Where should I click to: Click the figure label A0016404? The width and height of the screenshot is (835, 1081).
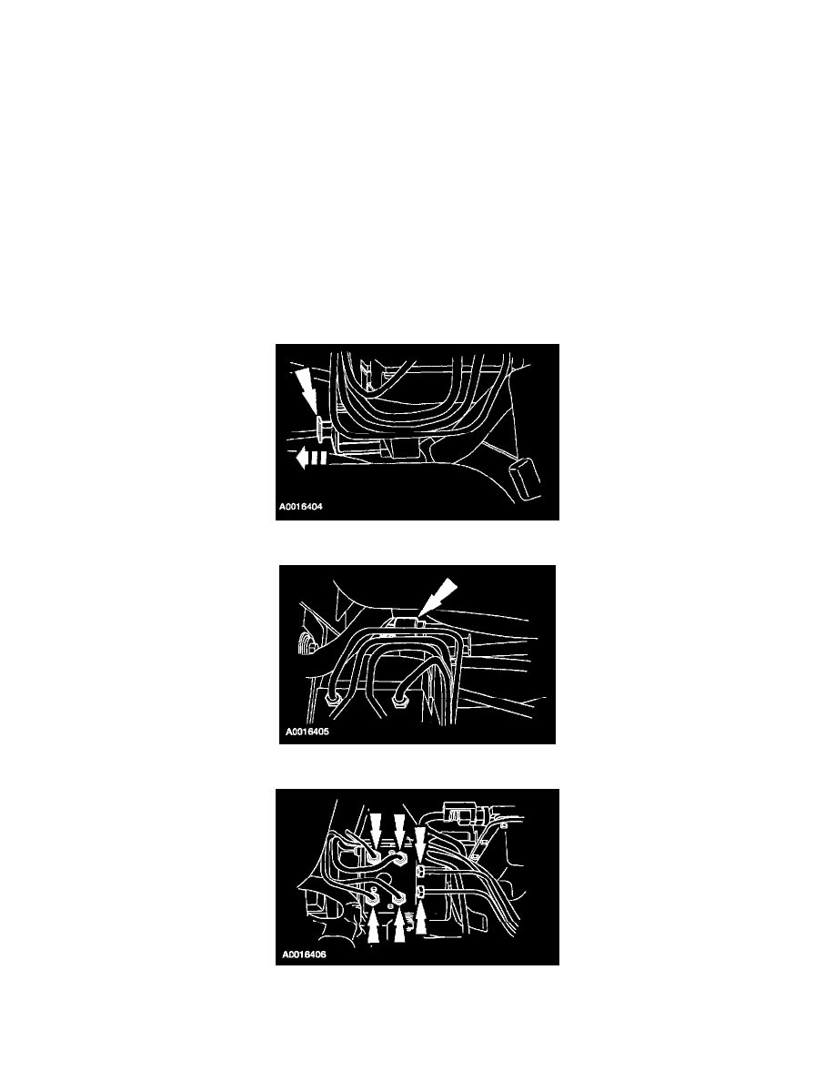(x=300, y=507)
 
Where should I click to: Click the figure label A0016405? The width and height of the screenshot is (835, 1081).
(x=307, y=732)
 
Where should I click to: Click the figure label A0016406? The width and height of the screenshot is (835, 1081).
(x=304, y=955)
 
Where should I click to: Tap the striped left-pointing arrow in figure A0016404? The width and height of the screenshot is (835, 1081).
(x=309, y=458)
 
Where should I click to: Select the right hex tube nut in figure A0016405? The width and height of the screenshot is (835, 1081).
(x=397, y=702)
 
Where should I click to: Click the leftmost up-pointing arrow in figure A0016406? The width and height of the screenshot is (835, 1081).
(x=373, y=926)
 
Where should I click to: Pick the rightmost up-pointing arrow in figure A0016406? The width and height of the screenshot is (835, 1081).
(x=421, y=917)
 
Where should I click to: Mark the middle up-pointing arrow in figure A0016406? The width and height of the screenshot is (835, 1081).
(x=399, y=926)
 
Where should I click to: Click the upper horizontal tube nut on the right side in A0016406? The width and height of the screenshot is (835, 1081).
(x=423, y=869)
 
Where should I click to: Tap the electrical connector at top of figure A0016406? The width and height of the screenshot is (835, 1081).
(x=456, y=812)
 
